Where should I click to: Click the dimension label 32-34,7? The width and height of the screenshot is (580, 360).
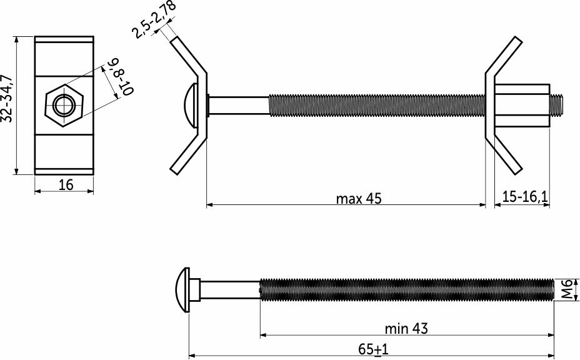click(7, 98)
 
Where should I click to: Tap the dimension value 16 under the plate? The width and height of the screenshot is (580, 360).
click(66, 184)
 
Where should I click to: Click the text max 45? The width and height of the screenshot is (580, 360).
click(358, 199)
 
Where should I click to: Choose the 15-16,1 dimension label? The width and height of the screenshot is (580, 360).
click(525, 196)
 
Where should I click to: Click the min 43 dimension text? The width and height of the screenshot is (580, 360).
click(406, 328)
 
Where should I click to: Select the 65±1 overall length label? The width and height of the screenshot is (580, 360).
click(373, 349)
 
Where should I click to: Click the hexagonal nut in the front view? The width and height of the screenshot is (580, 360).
click(64, 106)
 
